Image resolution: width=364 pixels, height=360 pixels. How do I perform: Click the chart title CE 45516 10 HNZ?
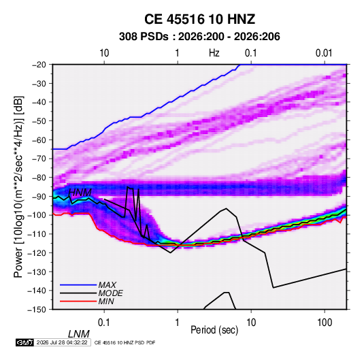point(199,19)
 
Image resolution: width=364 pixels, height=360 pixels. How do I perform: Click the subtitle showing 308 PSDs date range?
point(199,37)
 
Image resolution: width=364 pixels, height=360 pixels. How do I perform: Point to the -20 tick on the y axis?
point(39,65)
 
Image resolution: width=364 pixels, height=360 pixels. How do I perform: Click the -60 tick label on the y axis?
point(39,140)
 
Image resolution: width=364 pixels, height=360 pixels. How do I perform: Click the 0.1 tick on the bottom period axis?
point(104,322)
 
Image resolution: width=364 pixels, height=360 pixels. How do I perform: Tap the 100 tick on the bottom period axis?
point(325,322)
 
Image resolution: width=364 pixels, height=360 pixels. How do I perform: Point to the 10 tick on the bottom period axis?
point(251,322)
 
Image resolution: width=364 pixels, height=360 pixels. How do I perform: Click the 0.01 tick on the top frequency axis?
point(324,53)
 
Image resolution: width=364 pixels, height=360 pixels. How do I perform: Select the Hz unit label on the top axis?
point(214,53)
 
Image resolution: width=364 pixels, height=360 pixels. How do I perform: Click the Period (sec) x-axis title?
point(214,330)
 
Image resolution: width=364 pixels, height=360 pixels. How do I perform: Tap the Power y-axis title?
point(18,187)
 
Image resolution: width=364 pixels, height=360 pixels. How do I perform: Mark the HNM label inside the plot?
point(80,193)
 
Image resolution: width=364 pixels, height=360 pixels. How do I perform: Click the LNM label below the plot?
point(78,334)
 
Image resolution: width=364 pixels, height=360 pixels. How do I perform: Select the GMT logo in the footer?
point(24,342)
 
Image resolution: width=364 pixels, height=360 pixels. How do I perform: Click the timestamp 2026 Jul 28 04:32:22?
point(62,342)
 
